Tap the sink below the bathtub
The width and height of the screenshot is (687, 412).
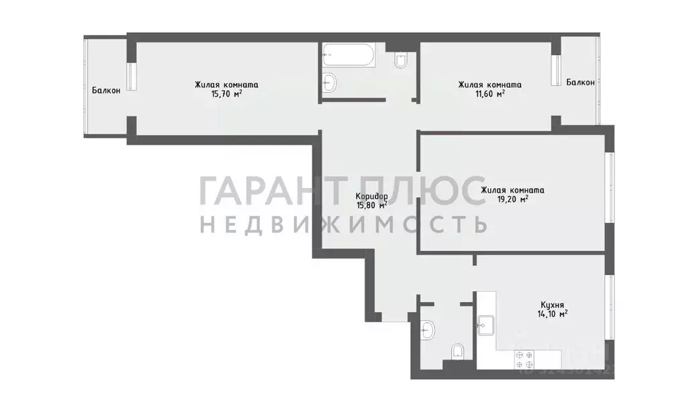point(330,83)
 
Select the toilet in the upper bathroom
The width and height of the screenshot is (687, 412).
point(401,62)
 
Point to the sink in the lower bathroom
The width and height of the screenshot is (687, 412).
point(427,329)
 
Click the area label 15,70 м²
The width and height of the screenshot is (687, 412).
point(226,95)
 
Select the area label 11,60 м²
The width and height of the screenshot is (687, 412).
point(490,95)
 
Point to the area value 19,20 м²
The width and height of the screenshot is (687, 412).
point(512,199)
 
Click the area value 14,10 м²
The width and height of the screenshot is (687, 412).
point(552,313)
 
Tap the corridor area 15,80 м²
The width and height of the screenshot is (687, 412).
point(372,205)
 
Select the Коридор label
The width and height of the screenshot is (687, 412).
point(372,196)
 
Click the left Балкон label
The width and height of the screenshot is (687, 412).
point(107,91)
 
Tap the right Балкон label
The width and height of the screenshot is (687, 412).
point(580,83)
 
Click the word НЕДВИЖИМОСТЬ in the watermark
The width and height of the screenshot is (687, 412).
point(343,224)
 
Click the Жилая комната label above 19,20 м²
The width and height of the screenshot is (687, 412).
point(512,190)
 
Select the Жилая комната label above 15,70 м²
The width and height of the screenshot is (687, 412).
point(226,85)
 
